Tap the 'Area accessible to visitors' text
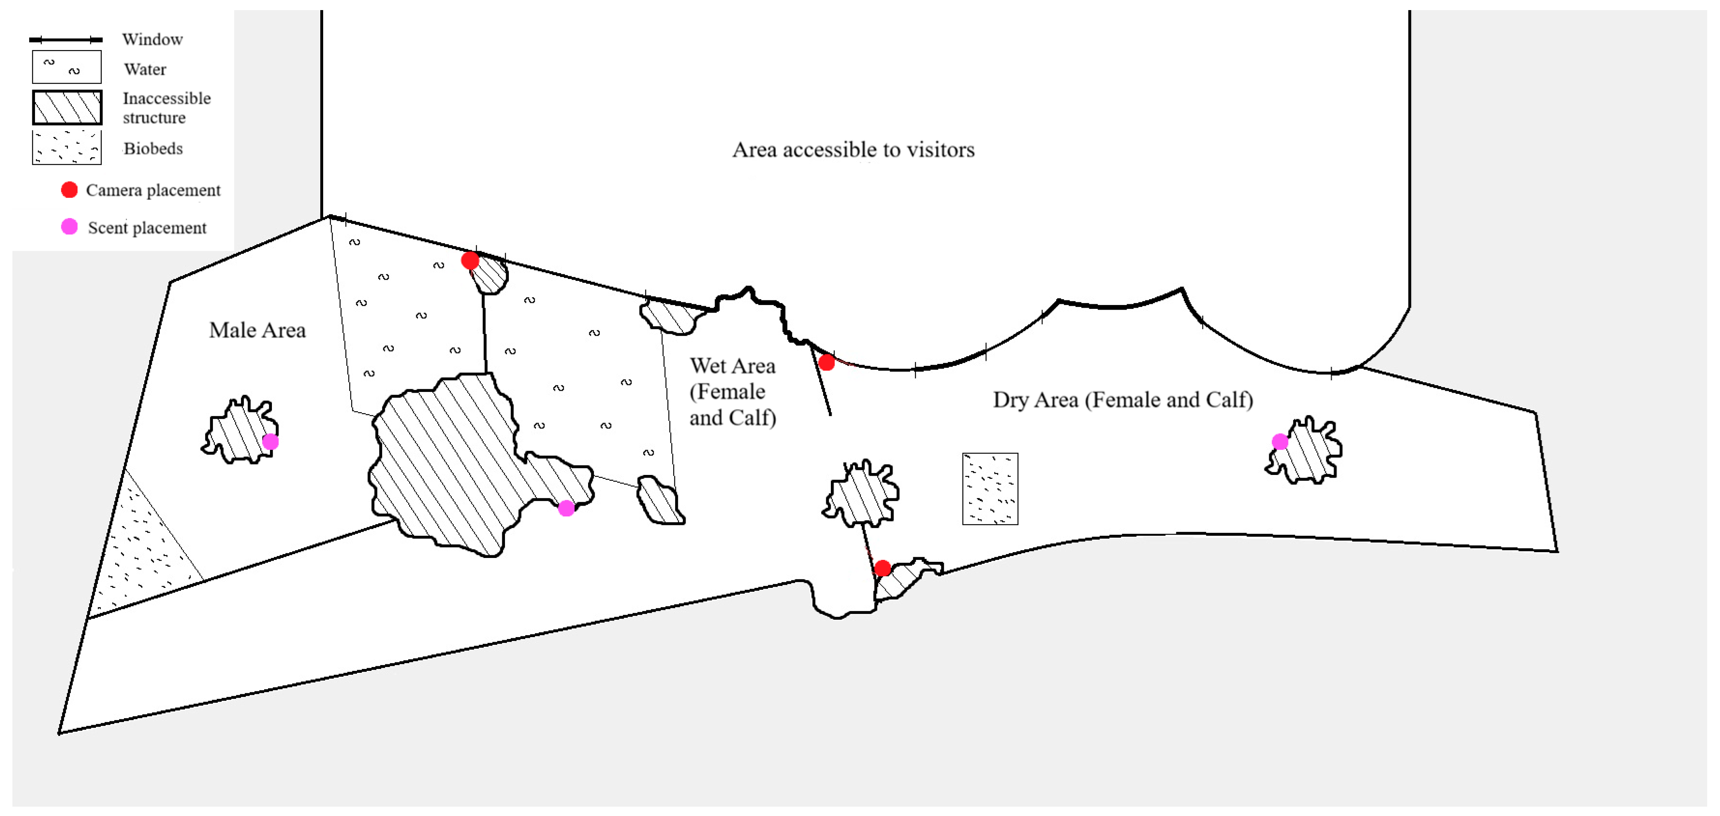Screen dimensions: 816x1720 pyautogui.click(x=853, y=149)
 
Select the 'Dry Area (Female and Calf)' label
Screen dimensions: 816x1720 pyautogui.click(x=1123, y=400)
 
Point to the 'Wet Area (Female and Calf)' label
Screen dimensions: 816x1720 pyautogui.click(x=733, y=392)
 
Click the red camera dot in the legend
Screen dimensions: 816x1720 pyautogui.click(x=70, y=190)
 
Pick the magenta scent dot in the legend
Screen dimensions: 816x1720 pyautogui.click(x=70, y=227)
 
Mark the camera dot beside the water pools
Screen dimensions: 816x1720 pyautogui.click(x=470, y=260)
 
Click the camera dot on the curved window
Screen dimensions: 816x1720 pyautogui.click(x=827, y=363)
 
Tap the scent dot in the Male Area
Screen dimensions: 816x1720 pyautogui.click(x=270, y=442)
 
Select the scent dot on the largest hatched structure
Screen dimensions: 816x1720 pyautogui.click(x=566, y=508)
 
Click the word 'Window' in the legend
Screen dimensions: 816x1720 pyautogui.click(x=152, y=39)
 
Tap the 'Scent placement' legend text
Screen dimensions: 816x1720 pyautogui.click(x=147, y=227)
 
